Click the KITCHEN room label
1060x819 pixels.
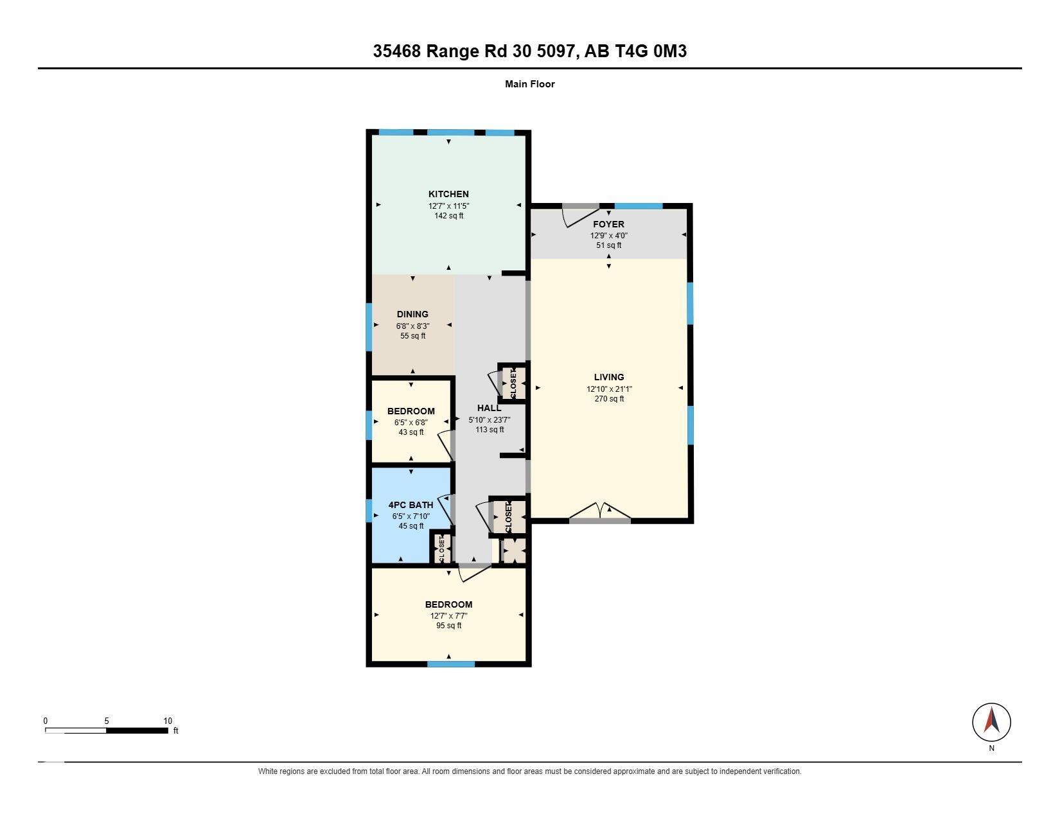448,194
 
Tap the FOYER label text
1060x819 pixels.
608,224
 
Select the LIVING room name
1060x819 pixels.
609,377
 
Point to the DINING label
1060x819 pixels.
412,314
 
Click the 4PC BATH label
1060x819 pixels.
411,505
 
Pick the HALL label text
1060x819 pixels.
490,409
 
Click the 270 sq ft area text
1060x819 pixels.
609,398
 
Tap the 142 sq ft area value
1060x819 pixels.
449,216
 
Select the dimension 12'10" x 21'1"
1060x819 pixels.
609,389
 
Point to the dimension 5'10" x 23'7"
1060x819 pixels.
490,419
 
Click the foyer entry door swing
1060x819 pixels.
581,216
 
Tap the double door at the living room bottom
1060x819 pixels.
600,512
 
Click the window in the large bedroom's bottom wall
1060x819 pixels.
451,664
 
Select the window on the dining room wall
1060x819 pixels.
369,327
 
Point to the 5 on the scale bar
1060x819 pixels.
107,721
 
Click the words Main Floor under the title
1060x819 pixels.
530,84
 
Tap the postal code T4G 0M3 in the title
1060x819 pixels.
649,51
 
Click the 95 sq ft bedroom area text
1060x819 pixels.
449,626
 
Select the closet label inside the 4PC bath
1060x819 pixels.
441,549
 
